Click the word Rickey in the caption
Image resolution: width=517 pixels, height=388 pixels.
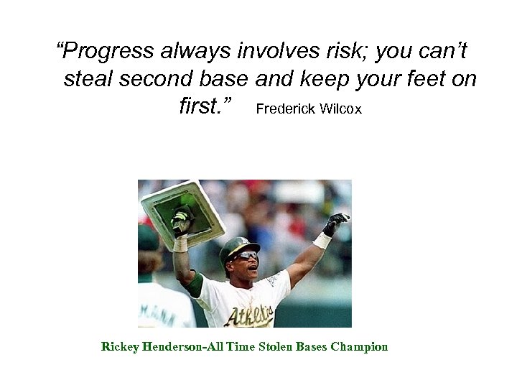[x=120, y=347]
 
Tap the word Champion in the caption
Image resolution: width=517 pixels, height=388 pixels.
[x=359, y=347]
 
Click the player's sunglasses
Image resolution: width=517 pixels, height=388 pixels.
[x=246, y=256]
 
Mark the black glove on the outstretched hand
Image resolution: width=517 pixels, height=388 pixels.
[x=335, y=223]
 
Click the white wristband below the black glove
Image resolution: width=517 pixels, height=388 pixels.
[x=322, y=240]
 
